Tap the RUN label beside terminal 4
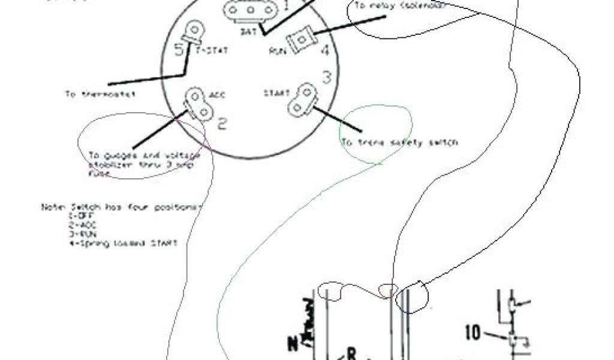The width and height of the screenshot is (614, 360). [x=276, y=50]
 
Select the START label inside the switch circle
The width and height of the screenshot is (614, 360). [x=276, y=94]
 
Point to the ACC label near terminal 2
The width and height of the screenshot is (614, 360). [x=217, y=95]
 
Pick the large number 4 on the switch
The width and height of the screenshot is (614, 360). [x=324, y=50]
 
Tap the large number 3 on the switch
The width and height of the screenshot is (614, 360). [x=327, y=78]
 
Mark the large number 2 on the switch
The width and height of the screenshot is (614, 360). [x=221, y=124]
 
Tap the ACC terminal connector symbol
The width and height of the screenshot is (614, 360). [x=198, y=103]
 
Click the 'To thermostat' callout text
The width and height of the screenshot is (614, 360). [x=100, y=94]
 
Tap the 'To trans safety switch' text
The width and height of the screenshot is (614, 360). [x=399, y=143]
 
